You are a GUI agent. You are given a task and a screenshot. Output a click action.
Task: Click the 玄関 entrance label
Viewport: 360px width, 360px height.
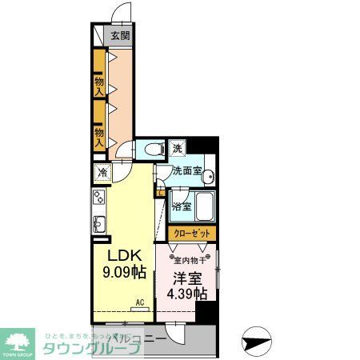[120, 36]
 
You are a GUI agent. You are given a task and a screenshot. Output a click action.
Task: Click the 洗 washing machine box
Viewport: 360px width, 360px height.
[178, 149]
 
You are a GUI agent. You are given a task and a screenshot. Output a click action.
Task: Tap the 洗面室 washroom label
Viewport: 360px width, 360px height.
[186, 170]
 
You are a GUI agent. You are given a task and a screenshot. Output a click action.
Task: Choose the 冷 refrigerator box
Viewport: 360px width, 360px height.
[103, 172]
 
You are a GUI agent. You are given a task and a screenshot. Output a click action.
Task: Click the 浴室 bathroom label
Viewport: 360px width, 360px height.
[182, 206]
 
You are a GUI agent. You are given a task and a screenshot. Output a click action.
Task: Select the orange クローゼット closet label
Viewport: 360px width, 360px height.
[192, 233]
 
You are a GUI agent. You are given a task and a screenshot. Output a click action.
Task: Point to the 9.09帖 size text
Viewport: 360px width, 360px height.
[125, 274]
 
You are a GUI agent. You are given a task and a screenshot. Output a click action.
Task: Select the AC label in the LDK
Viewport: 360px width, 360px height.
[139, 302]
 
